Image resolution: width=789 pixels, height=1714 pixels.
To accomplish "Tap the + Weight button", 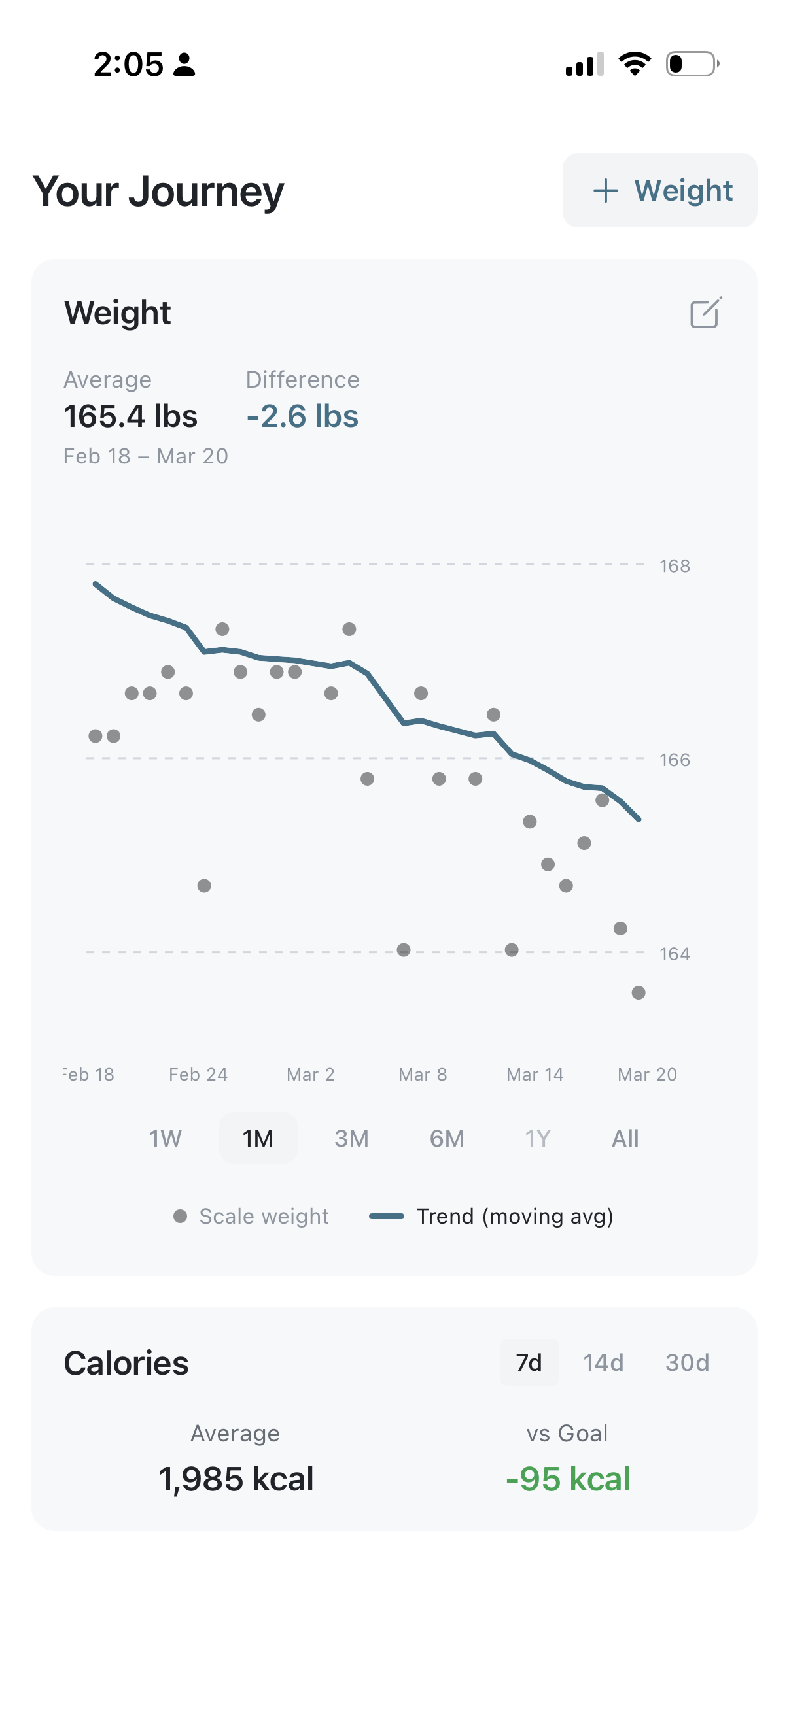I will [660, 190].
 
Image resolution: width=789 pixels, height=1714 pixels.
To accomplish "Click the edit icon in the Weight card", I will [705, 312].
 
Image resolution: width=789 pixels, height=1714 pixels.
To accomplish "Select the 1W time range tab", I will [165, 1139].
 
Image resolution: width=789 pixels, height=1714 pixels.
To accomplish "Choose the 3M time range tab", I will [351, 1139].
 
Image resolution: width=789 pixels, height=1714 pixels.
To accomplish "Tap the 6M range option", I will [446, 1139].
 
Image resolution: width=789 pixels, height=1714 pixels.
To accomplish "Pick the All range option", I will [625, 1139].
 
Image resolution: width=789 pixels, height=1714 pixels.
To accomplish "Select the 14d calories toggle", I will [603, 1363].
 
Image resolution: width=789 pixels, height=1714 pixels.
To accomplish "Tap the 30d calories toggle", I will [687, 1363].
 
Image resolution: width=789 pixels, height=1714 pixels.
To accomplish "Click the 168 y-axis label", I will [675, 566].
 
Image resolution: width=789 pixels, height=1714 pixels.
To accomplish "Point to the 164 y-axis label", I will [675, 954].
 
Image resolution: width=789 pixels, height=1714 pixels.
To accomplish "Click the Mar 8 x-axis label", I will [423, 1075].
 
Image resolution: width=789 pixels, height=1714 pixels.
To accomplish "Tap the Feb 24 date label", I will [198, 1075].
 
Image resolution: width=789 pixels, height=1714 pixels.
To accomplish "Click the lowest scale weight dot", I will [639, 993].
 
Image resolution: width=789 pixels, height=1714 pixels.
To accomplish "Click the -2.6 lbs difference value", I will [302, 416].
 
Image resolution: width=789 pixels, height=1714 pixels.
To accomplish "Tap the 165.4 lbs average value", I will [130, 416].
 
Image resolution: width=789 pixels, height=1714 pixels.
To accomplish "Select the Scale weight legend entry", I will [252, 1217].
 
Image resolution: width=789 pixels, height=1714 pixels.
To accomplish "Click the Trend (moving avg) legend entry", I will [491, 1217].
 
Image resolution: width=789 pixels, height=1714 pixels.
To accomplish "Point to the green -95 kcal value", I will [567, 1479].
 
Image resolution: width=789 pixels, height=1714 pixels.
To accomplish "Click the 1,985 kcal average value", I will [236, 1479].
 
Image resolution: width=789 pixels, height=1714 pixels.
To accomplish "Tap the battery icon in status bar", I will [692, 64].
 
